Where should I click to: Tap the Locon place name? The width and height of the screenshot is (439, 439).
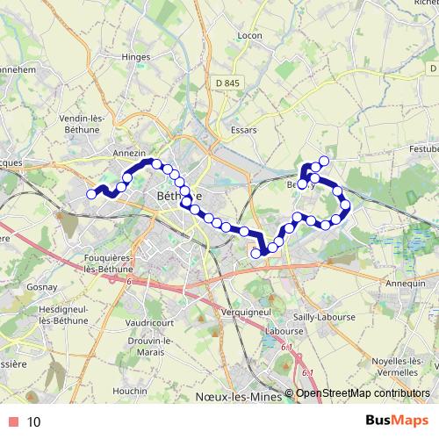[250, 36]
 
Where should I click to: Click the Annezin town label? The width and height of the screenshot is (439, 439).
[129, 152]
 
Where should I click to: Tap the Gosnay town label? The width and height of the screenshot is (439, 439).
[41, 287]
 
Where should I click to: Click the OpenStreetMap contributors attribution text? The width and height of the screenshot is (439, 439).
[363, 394]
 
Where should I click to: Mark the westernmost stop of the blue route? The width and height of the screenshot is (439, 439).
[91, 194]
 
